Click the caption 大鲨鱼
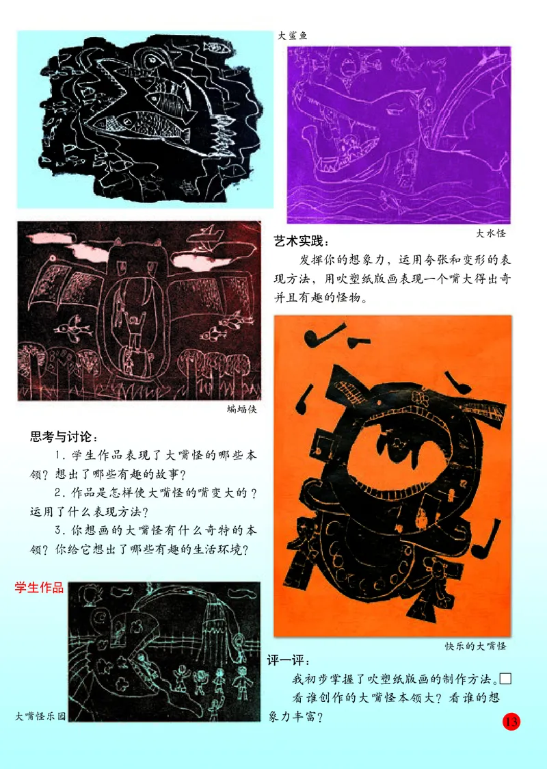293,36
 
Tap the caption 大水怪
491,233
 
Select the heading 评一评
288,662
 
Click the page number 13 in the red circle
511,721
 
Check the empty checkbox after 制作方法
506,679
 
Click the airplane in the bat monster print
206,236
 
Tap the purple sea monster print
399,134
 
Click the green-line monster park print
164,651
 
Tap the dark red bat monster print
139,311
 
